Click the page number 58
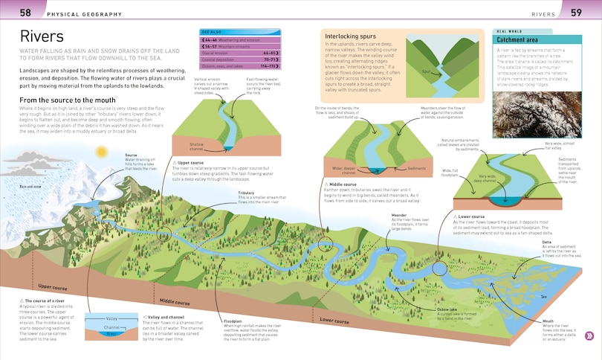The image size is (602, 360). coord(25,13)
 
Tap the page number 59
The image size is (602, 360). coord(576,13)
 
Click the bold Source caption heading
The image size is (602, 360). coord(132,155)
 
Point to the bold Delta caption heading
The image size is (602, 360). coord(546,242)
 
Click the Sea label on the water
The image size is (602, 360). coord(543,296)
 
